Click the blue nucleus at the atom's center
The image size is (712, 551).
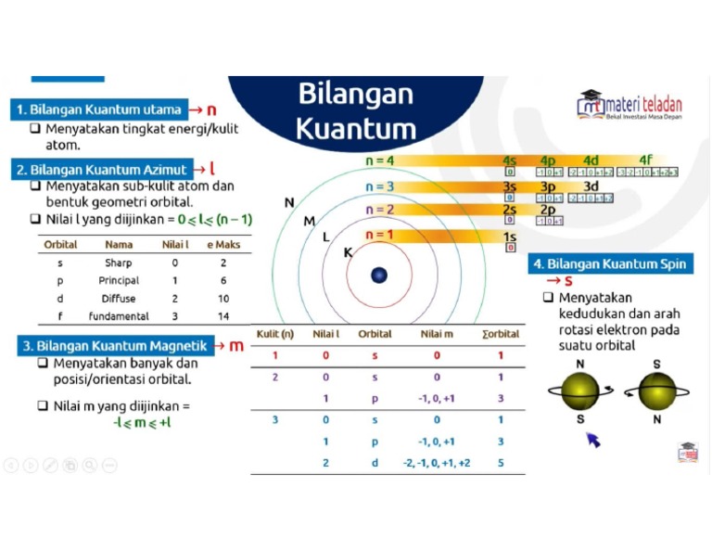click(x=379, y=275)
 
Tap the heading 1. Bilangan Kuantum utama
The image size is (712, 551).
click(x=100, y=109)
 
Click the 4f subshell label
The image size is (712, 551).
click(x=645, y=160)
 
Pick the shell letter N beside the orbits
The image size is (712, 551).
click(x=289, y=202)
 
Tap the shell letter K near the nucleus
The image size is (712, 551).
click(x=349, y=252)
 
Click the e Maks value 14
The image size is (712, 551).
click(x=223, y=316)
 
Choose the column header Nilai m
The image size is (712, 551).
click(x=436, y=334)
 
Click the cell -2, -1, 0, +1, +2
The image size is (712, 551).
click(x=436, y=462)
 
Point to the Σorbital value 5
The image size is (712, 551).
click(x=501, y=462)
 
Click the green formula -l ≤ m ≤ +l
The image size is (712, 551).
click(x=142, y=423)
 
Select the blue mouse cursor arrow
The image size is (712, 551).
click(x=593, y=439)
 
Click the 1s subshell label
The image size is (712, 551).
click(x=509, y=237)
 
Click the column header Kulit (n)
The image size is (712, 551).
click(x=274, y=334)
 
